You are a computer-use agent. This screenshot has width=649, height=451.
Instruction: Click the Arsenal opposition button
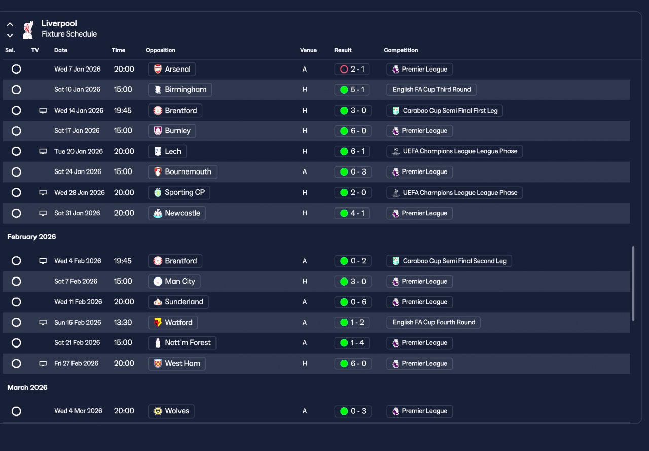172,69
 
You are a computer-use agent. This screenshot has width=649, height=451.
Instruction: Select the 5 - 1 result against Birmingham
352,90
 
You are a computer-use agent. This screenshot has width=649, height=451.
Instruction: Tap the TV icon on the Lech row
43,151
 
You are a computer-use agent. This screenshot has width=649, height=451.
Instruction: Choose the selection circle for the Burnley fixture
16,131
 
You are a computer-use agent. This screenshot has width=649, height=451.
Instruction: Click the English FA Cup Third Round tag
431,90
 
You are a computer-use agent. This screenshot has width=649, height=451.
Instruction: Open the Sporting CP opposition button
179,193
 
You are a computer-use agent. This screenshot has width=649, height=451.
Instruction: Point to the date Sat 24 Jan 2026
77,172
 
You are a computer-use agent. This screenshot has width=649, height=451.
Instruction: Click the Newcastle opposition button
176,213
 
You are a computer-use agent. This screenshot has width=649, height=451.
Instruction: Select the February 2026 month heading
31,237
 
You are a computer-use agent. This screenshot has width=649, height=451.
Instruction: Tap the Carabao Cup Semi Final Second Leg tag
449,261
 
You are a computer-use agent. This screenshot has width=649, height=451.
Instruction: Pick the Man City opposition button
174,282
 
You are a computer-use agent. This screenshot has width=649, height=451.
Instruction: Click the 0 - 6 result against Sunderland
352,302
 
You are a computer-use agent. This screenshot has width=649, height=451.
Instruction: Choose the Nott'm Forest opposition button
182,343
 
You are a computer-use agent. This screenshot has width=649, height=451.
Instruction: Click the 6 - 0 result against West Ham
352,364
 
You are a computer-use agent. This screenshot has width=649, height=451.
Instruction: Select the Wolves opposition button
171,411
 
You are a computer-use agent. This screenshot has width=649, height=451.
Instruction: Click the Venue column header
308,50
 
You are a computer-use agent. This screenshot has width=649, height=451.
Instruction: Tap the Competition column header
401,50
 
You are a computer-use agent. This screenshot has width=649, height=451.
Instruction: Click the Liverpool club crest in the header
28,29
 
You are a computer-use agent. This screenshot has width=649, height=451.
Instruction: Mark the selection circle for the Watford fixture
16,323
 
